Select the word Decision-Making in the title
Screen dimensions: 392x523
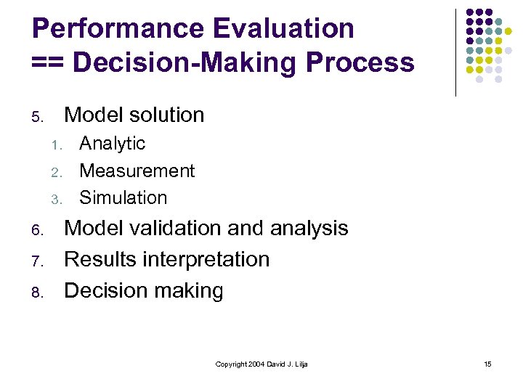click(186, 63)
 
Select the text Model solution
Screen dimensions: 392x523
click(134, 115)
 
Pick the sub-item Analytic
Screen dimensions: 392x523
click(112, 144)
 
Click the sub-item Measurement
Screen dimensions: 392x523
click(137, 171)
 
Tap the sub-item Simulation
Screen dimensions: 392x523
click(123, 197)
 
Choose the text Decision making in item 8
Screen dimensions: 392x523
click(143, 290)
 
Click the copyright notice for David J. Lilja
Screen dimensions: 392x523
click(261, 364)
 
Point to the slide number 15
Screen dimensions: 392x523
click(487, 364)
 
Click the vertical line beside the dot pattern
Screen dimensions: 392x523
click(455, 52)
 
